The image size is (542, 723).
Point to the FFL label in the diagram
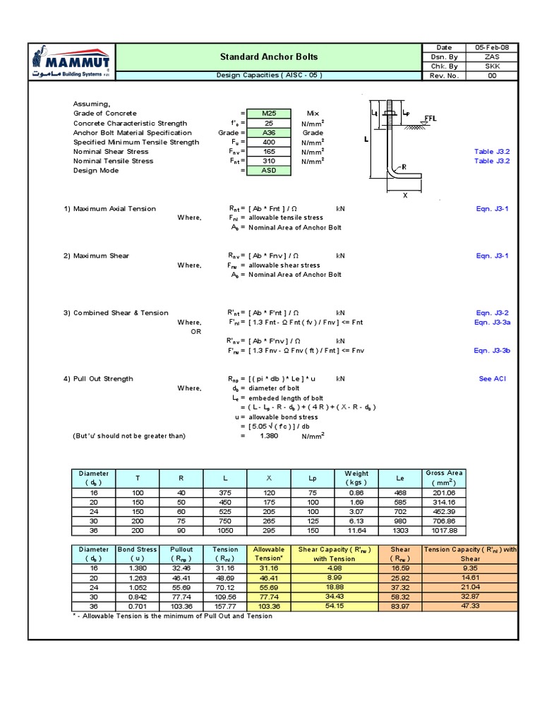click(430, 119)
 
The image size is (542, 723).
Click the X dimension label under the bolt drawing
click(405, 196)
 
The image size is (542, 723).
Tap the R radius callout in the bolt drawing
click(404, 167)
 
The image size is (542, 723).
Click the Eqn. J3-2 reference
click(492, 313)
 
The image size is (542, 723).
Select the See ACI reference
click(492, 379)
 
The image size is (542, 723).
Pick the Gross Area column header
click(444, 477)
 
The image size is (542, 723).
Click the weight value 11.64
click(356, 530)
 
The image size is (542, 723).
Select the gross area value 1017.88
click(444, 530)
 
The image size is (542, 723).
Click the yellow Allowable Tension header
click(269, 554)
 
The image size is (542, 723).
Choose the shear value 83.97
click(400, 607)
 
